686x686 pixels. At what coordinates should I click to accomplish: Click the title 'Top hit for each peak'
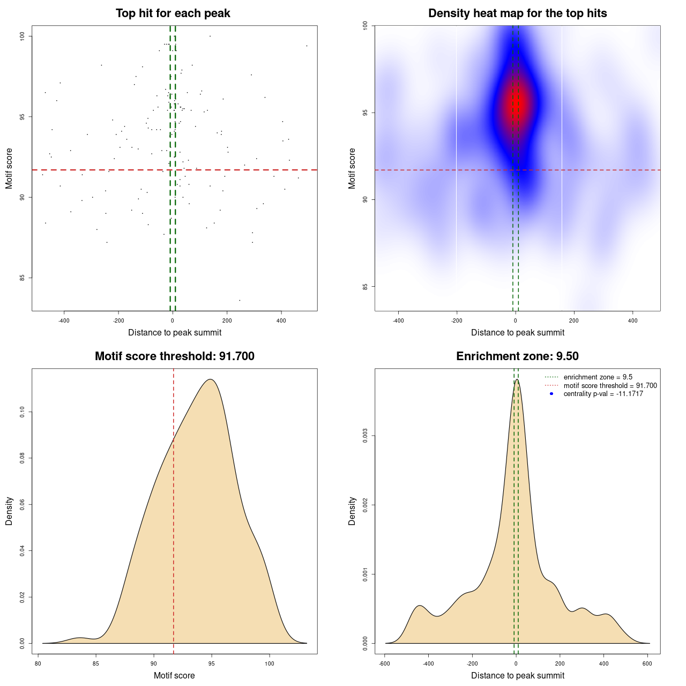[173, 13]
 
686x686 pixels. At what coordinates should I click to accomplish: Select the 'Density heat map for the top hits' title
[517, 13]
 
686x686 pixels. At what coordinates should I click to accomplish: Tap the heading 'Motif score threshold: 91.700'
[174, 356]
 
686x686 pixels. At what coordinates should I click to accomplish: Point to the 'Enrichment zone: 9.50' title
[517, 356]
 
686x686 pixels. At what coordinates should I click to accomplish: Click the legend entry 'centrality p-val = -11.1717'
[603, 394]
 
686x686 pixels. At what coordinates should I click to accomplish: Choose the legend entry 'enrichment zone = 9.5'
[598, 377]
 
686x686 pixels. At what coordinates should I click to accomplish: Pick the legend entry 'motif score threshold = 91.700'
[610, 386]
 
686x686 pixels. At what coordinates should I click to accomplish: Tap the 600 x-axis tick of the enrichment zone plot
[647, 664]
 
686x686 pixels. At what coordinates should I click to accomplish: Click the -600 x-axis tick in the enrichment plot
[385, 664]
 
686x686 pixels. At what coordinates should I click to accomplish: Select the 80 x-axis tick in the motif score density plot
[38, 664]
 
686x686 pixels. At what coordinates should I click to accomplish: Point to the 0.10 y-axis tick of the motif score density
[22, 412]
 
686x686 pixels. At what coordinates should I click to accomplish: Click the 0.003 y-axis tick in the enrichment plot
[365, 436]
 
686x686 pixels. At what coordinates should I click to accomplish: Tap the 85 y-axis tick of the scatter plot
[22, 278]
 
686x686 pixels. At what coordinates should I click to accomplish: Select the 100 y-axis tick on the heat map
[365, 25]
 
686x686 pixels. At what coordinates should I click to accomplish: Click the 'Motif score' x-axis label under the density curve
[174, 675]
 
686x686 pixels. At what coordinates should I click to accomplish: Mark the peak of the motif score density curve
[211, 379]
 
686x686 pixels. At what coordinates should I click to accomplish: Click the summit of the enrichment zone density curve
[516, 379]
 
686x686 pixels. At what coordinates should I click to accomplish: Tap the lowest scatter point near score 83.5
[240, 300]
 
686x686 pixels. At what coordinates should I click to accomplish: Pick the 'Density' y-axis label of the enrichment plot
[352, 511]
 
